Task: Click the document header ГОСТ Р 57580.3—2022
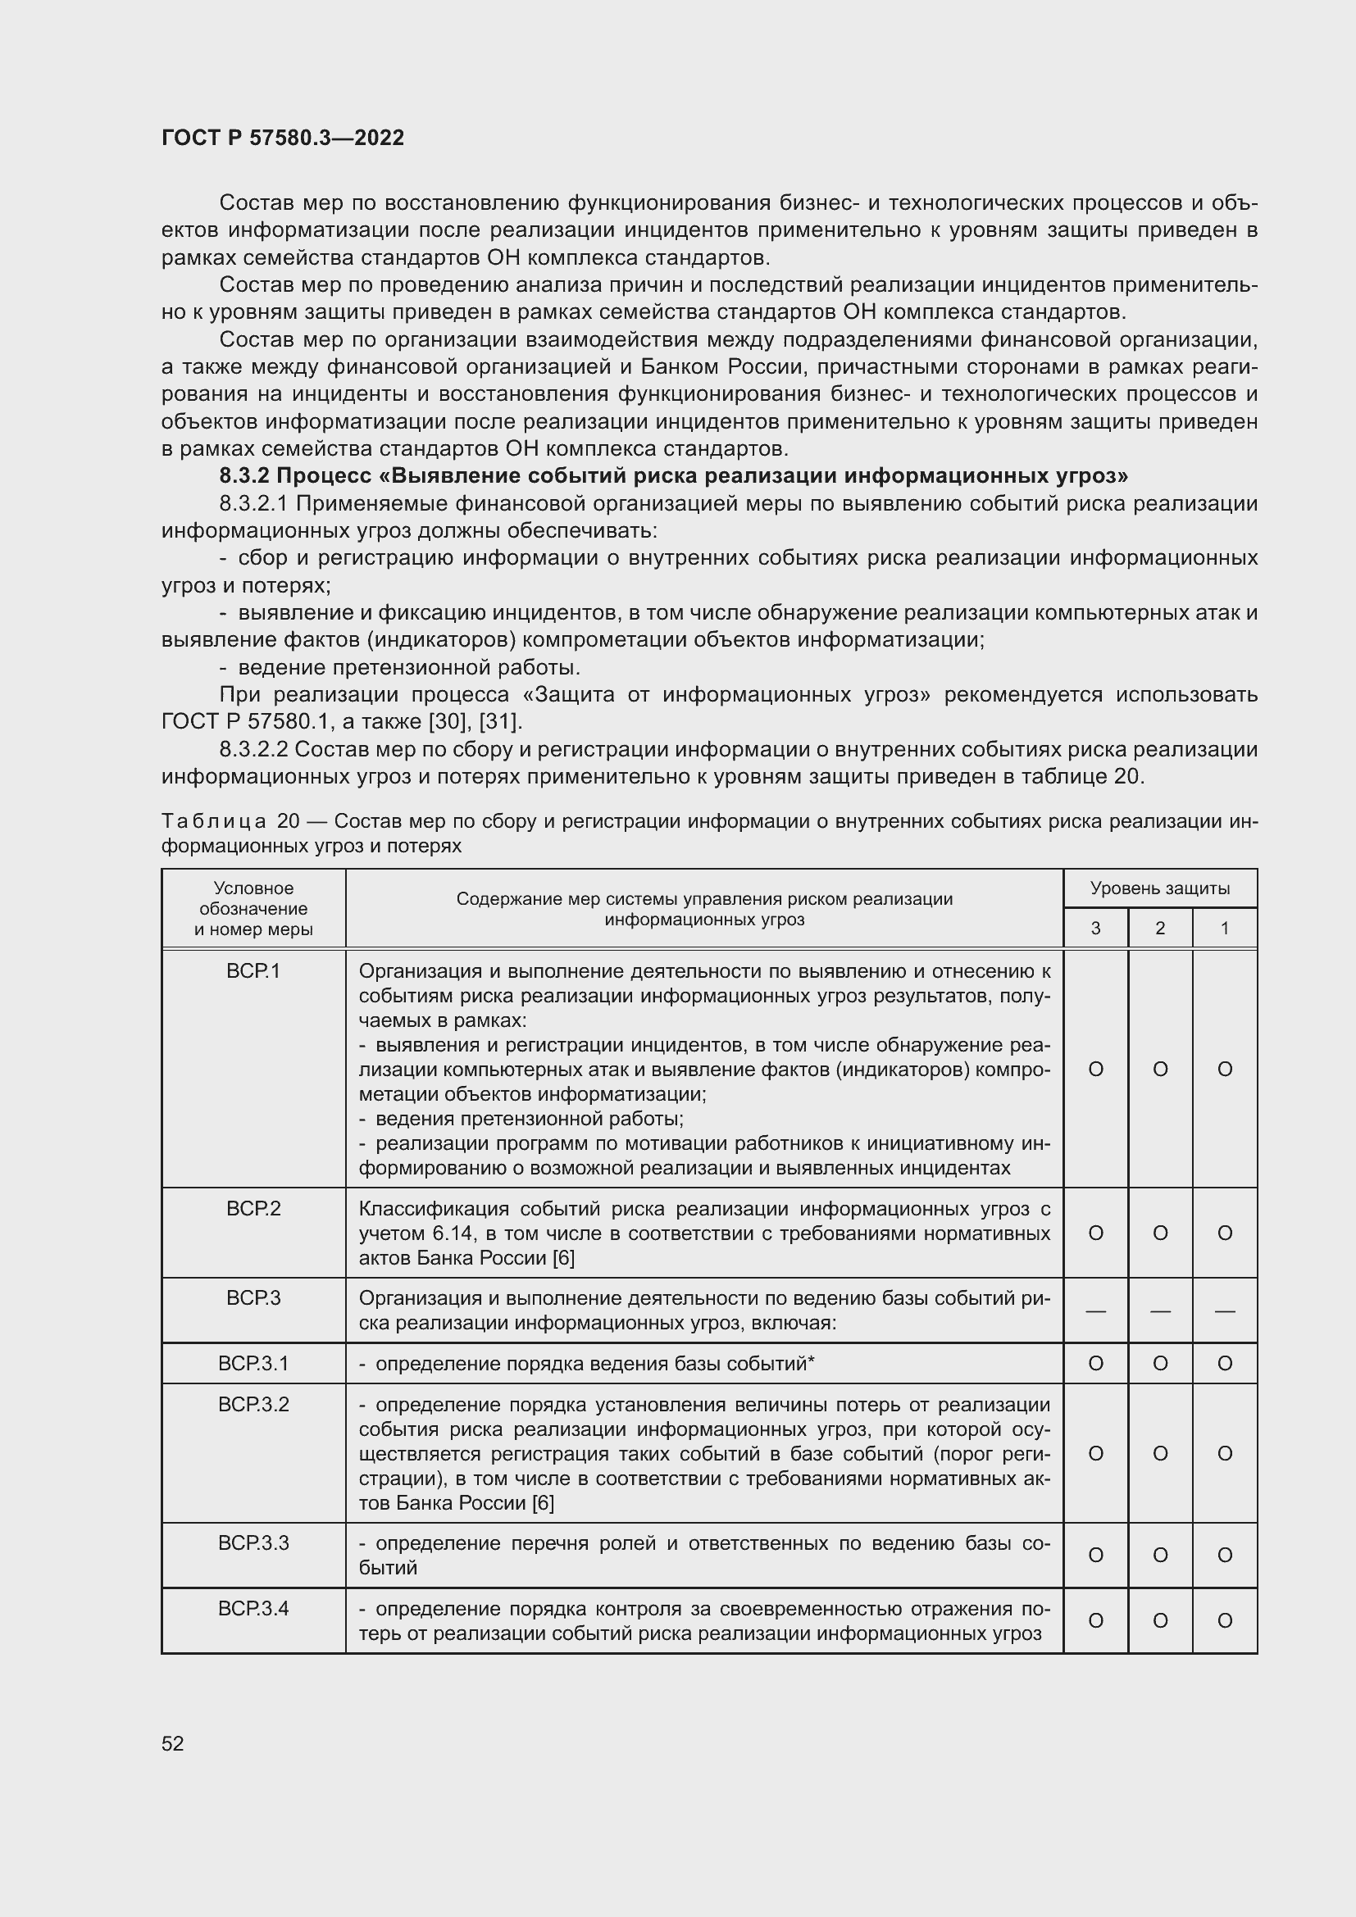tap(282, 138)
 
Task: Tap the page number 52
tap(173, 1743)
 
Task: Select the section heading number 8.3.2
tap(243, 476)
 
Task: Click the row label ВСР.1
tap(253, 971)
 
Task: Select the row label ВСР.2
tap(253, 1208)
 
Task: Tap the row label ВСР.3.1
tap(253, 1364)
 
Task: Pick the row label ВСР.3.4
tap(253, 1609)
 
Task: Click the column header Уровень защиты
tap(1160, 888)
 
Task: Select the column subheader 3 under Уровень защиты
tap(1095, 929)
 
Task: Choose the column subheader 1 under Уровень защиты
tap(1224, 929)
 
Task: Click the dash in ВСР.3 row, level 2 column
tap(1160, 1311)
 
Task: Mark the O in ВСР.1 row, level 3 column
tap(1095, 1070)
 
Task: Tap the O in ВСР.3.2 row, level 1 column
tap(1224, 1454)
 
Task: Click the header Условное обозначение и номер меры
tap(253, 908)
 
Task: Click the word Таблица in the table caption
tap(214, 821)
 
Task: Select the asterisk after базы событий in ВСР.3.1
tap(811, 1362)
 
